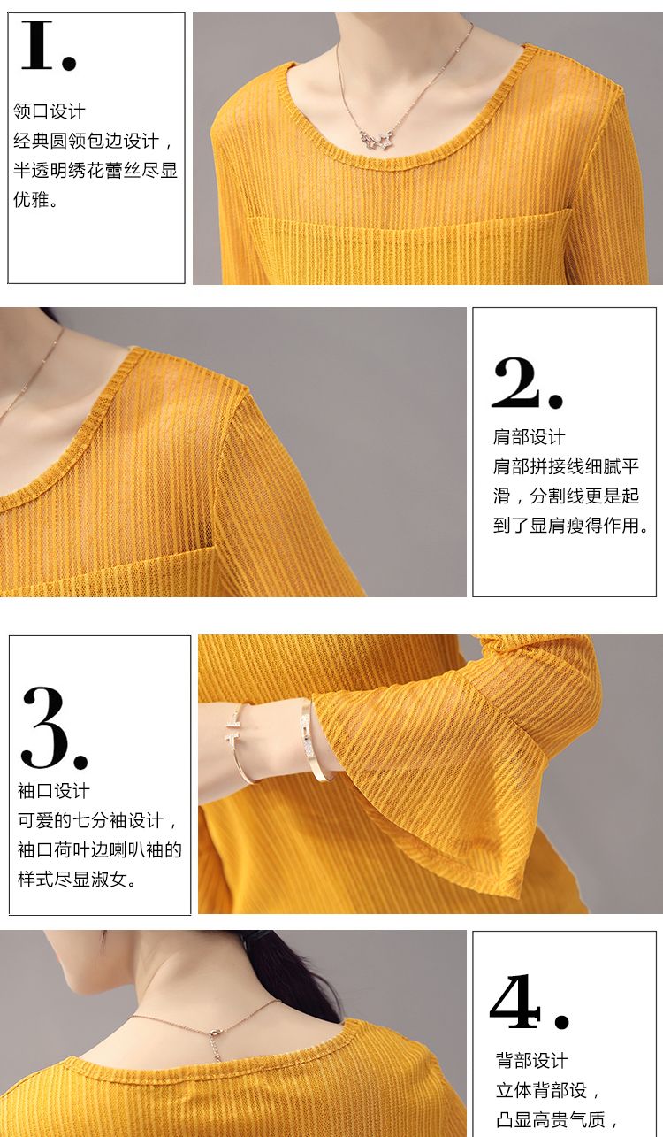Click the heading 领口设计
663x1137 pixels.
50,111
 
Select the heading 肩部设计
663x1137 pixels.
530,436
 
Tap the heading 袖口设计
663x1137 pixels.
54,791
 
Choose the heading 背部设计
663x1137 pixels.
531,1060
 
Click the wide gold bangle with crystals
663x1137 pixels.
314,741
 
